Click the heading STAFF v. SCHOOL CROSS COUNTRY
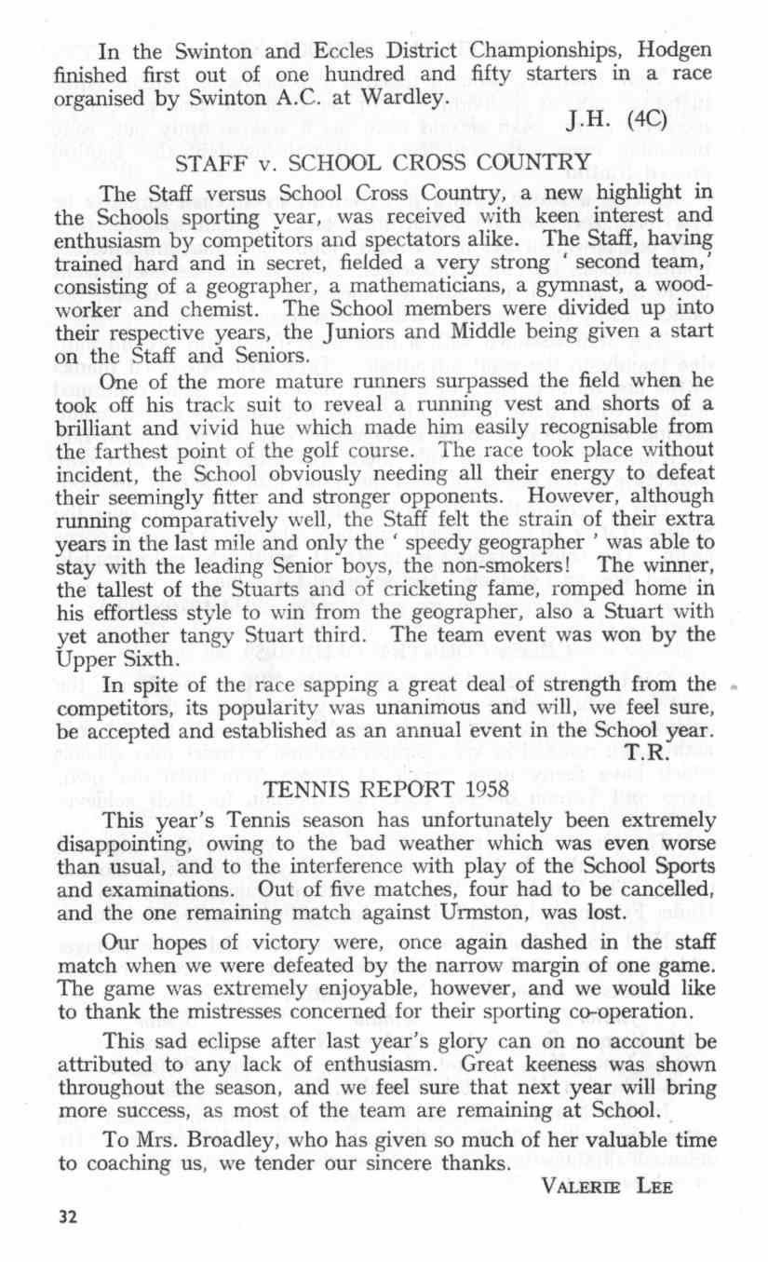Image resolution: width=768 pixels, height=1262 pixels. (x=383, y=166)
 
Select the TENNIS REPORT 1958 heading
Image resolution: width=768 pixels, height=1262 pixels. (x=382, y=790)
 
